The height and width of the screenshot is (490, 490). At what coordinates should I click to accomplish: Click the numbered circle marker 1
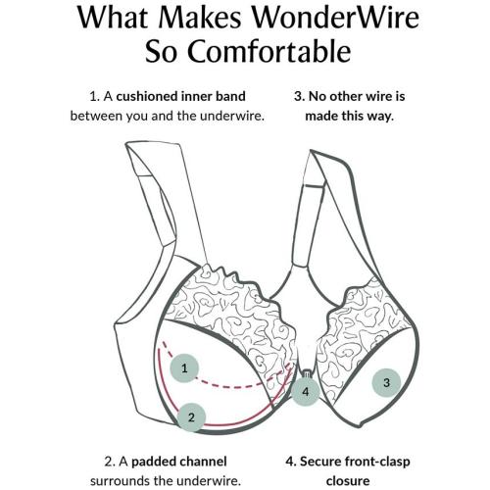(183, 368)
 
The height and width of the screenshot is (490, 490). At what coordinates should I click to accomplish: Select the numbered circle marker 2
(192, 416)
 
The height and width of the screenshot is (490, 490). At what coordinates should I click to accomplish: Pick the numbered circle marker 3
(386, 382)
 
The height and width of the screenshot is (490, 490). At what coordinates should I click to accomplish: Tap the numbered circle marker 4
(306, 392)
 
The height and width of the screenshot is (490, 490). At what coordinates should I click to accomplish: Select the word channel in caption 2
(207, 460)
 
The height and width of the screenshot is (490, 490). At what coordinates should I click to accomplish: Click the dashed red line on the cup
(225, 382)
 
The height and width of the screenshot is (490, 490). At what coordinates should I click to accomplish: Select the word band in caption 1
(228, 97)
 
